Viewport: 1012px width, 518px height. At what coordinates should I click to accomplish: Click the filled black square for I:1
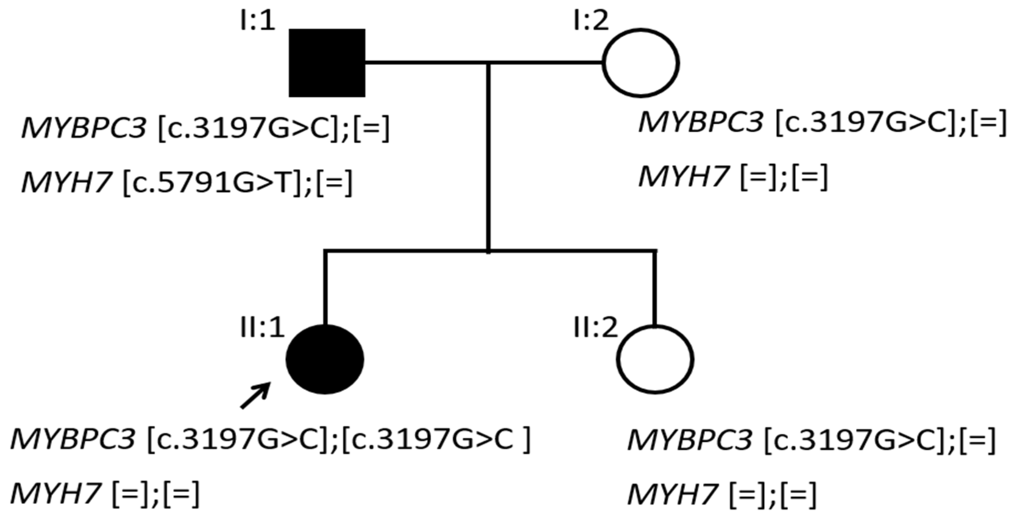327,63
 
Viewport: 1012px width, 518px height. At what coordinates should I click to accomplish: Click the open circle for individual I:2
641,63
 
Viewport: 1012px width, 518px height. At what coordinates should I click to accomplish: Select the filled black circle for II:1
325,359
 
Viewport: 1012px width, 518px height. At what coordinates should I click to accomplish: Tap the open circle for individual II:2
655,359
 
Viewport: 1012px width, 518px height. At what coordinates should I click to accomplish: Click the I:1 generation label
257,21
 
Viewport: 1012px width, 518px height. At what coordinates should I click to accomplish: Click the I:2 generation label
590,21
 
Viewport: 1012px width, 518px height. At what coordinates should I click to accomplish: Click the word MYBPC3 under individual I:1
84,129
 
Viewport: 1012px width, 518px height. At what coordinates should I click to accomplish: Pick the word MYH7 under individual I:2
683,178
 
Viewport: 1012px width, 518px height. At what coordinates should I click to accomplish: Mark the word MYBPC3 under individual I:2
701,123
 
